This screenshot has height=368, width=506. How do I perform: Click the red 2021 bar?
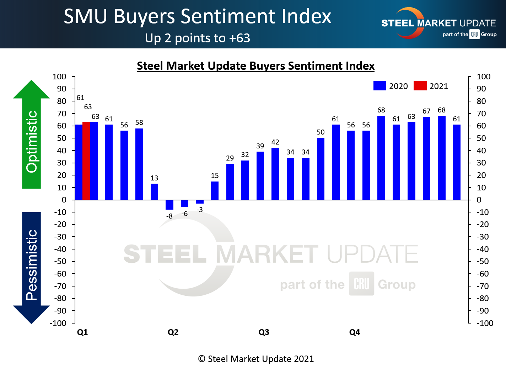click(86, 161)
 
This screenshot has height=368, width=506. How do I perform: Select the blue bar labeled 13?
click(154, 192)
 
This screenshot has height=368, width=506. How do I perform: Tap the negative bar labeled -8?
click(169, 205)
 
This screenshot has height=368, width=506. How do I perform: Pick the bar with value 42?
click(275, 174)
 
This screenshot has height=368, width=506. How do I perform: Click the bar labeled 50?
click(321, 169)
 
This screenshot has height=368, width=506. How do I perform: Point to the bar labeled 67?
click(426, 158)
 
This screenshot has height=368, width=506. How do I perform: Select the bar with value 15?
click(215, 191)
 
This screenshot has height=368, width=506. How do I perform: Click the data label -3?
click(200, 210)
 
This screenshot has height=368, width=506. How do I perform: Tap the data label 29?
click(230, 158)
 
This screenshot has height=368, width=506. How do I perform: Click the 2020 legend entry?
click(391, 86)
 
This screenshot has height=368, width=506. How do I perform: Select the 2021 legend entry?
click(431, 86)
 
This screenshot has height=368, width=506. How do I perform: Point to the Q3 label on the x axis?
click(264, 332)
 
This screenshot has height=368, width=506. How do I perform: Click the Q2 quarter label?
click(173, 332)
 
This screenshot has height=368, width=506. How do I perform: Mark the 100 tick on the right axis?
click(483, 77)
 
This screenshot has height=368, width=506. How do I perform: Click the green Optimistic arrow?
click(32, 135)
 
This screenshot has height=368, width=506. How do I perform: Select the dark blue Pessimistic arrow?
click(32, 267)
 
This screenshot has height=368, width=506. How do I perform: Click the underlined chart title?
click(255, 66)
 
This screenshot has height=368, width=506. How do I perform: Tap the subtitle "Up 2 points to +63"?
click(197, 38)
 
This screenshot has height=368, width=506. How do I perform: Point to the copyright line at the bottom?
click(256, 359)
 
